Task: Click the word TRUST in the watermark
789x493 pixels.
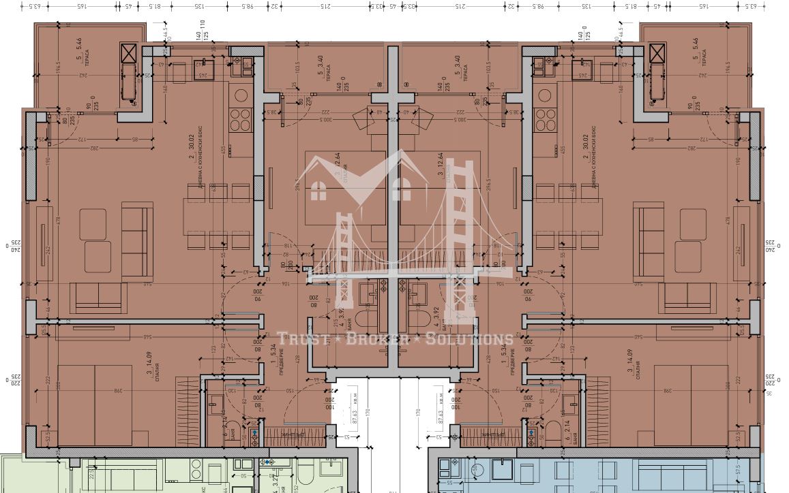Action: (299, 339)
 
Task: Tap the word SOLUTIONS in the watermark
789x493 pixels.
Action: (470, 339)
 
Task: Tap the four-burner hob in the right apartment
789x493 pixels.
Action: (547, 120)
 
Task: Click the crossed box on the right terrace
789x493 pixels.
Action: (657, 53)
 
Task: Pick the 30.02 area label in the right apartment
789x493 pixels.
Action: (585, 146)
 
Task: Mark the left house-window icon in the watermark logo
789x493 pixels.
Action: (318, 192)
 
